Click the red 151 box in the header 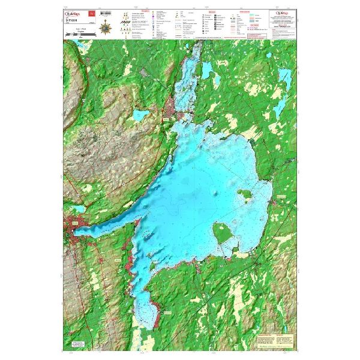click(x=91, y=13)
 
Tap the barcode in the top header click(x=106, y=13)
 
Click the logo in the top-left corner click(x=74, y=13)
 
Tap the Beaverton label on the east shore click(x=281, y=196)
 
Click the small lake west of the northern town click(x=140, y=115)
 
